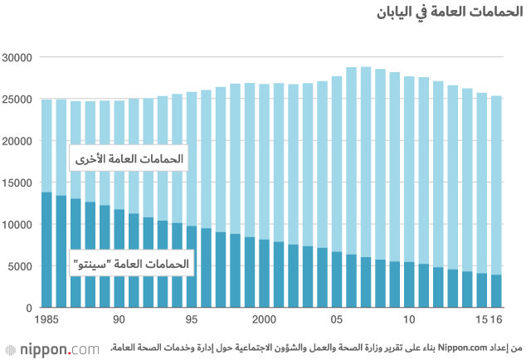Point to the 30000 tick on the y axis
click(17, 57)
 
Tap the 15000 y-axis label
click(17, 182)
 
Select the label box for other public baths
click(128, 158)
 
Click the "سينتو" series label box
click(132, 265)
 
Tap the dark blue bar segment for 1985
click(46, 249)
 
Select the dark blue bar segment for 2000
click(264, 274)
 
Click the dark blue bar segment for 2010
click(409, 285)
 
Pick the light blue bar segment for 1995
click(192, 158)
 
